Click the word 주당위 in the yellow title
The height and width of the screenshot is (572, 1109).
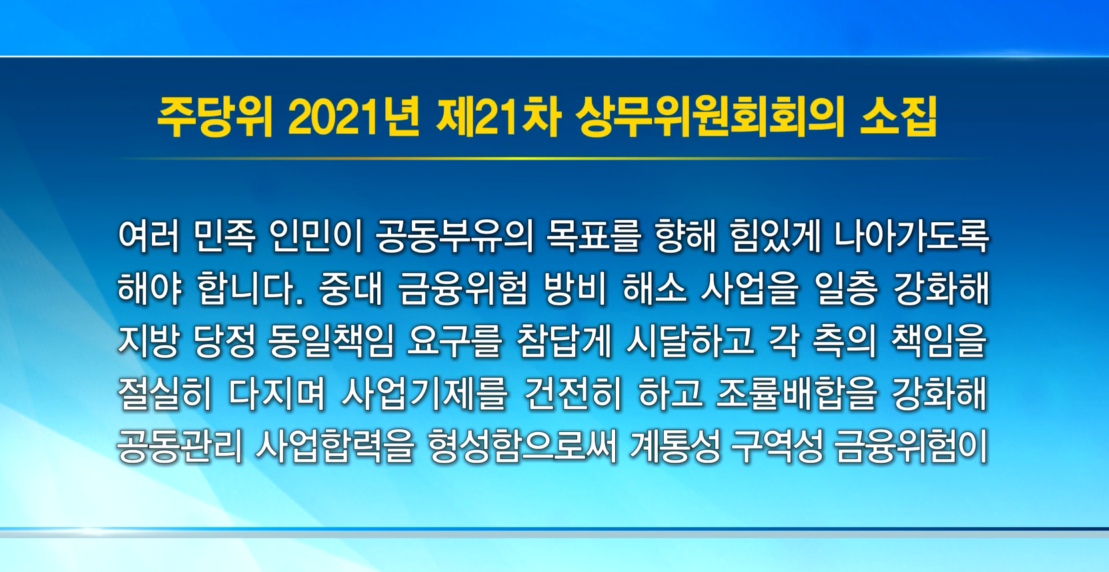[215, 119]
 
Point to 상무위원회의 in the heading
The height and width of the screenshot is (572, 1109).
[710, 119]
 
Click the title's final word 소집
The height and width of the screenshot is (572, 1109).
[898, 119]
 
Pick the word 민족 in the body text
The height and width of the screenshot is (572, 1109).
[225, 236]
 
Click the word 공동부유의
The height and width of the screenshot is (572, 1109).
[454, 236]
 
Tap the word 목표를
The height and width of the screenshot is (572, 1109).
[593, 236]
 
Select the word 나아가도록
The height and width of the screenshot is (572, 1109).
[912, 236]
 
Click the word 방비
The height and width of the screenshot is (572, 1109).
[574, 288]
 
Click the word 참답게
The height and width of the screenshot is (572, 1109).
[564, 341]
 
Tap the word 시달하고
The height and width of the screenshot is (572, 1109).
[690, 341]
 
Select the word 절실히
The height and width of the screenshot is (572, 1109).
[165, 394]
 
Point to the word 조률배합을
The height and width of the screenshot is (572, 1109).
[796, 394]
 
